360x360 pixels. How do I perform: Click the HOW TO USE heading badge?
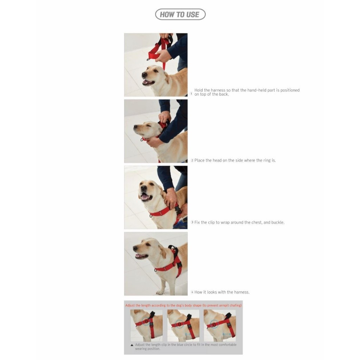click(x=180, y=14)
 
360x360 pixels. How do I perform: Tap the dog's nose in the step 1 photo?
click(x=144, y=75)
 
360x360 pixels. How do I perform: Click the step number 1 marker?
click(x=191, y=94)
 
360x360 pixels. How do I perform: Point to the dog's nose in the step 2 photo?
click(x=135, y=127)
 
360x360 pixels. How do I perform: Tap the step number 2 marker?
click(x=192, y=160)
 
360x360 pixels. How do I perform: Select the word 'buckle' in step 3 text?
click(x=277, y=223)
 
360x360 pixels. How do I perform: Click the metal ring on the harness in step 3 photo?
click(x=150, y=216)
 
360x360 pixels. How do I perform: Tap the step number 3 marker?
click(x=192, y=222)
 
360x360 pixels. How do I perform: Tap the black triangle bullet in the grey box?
click(x=132, y=345)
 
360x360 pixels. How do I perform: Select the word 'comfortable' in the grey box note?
click(x=227, y=345)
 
